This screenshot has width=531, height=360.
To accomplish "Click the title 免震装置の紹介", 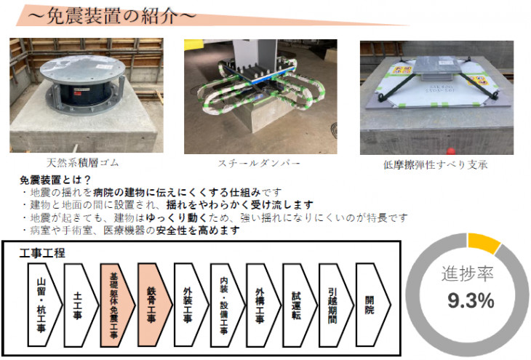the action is pos(111,15).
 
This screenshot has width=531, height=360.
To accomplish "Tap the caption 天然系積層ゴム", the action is pos(83,163).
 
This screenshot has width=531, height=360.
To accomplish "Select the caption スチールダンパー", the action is pos(259,163).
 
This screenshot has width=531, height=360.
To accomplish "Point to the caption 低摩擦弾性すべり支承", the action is pos(436,164).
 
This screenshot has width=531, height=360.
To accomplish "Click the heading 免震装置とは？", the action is pos(55,180).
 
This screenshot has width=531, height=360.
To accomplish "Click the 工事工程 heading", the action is pos(42,253).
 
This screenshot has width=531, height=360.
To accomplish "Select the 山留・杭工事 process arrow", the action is pos(45,305).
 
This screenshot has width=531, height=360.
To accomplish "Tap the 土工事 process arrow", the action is pos(81,305).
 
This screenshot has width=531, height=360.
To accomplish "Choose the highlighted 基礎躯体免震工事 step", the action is pos(118,305).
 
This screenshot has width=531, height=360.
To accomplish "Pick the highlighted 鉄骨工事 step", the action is pos(154,305).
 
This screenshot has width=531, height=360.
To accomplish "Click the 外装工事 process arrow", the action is pos(191,305).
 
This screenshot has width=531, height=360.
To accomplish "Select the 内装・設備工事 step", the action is pos(227,305).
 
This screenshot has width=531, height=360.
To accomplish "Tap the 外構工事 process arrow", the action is pos(263,305).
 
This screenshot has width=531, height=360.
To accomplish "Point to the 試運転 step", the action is pos(300,305).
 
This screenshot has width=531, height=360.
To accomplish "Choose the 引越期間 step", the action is pos(336,305).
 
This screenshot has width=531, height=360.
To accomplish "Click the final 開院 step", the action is pos(373,305).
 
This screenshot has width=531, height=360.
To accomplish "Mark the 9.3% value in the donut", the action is pos(471,301).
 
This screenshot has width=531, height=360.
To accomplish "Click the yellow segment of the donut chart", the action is pos(484,242).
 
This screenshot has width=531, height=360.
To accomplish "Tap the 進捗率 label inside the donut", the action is pos(467,273).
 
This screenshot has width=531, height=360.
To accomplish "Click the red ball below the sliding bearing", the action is pos(450,151).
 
